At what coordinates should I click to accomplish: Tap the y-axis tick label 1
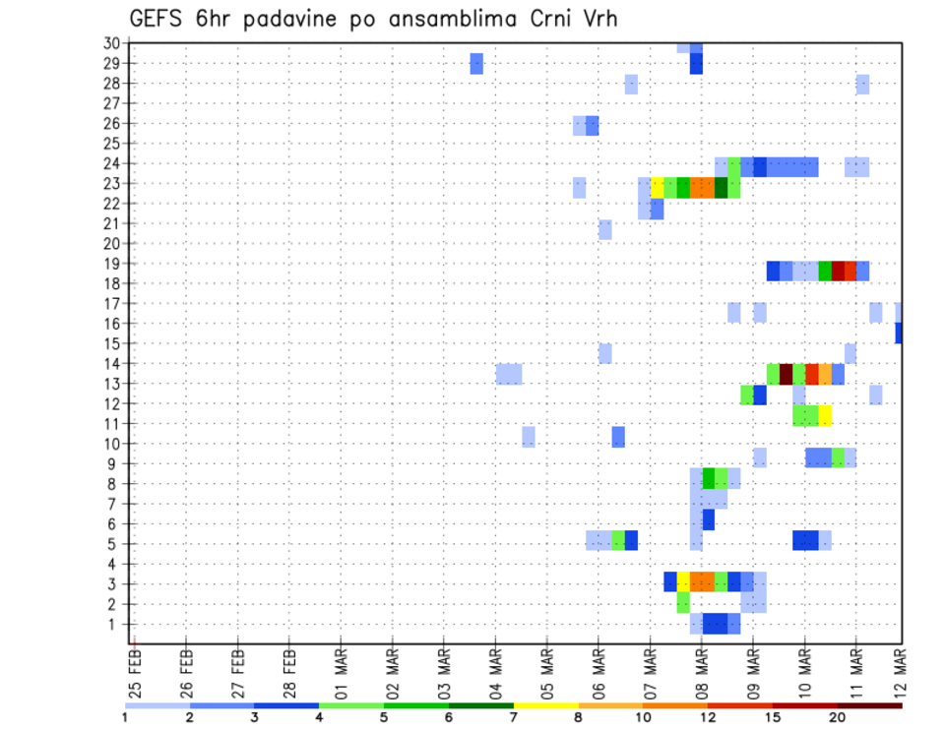115,624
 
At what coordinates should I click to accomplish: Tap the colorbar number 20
838,717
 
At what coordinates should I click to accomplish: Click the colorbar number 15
773,717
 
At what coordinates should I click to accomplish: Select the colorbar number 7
514,717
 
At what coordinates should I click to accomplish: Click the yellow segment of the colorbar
545,705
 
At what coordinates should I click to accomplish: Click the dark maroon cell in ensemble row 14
787,374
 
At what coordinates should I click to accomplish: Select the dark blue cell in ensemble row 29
696,63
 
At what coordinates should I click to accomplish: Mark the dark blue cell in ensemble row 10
618,437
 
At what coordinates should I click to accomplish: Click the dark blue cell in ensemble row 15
899,334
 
